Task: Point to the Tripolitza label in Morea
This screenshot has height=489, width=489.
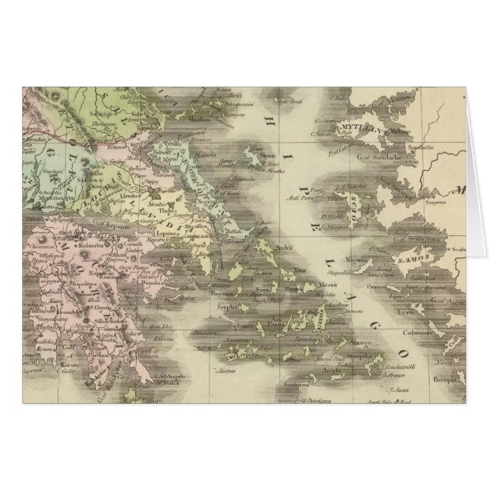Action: (82, 279)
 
